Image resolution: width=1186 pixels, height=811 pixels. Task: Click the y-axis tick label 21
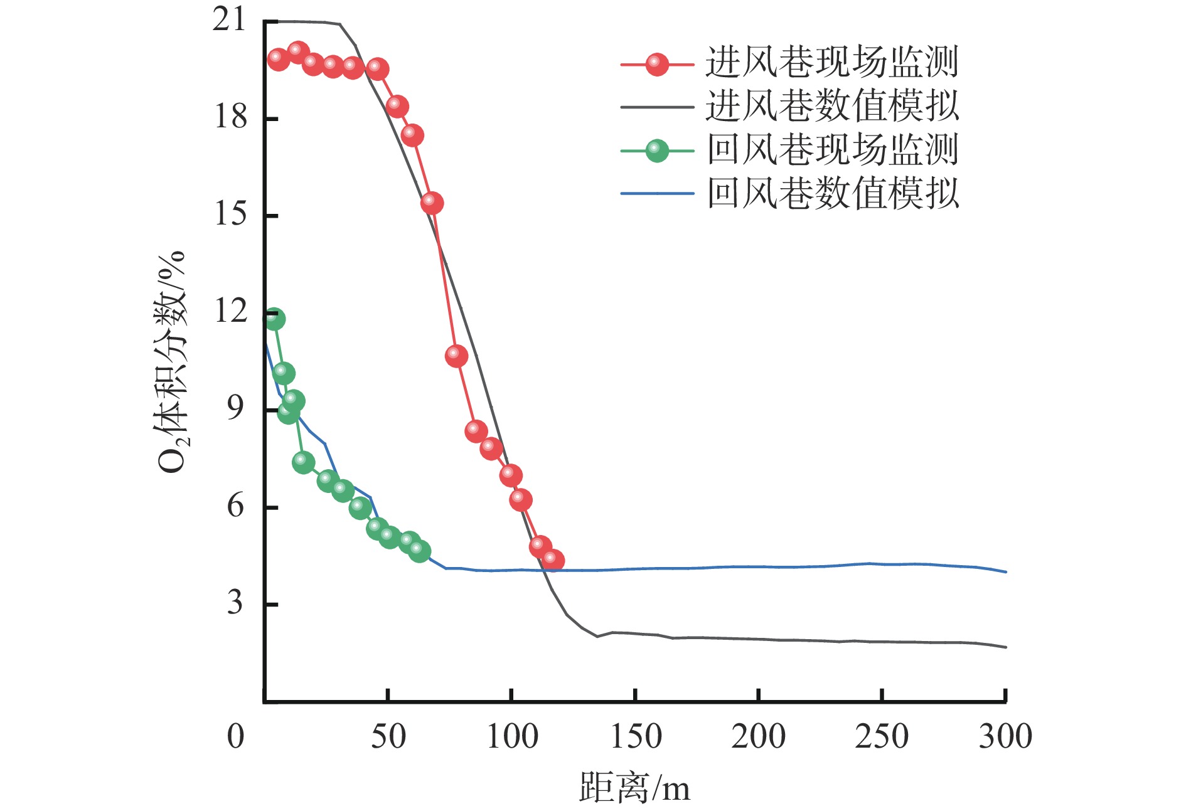coord(229,20)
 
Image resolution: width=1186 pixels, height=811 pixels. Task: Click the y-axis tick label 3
coord(235,603)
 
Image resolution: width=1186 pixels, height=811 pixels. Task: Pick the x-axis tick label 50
coord(388,736)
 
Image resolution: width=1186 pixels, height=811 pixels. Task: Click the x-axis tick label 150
coord(636,736)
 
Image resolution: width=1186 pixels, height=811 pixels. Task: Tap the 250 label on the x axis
coord(882,736)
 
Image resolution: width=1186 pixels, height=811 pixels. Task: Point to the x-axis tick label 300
coord(1005,736)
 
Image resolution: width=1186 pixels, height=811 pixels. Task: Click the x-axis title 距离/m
coord(634,788)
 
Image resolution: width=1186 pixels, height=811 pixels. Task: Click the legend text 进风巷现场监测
coord(832,63)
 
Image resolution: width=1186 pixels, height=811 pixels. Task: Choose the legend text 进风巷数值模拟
coord(832,106)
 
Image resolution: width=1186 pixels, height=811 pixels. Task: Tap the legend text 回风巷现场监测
coord(832,150)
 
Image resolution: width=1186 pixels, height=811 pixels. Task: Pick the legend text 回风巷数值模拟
coord(832,193)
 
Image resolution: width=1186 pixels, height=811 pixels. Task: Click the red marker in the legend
coord(656,64)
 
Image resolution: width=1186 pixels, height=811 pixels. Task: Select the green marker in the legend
coord(656,151)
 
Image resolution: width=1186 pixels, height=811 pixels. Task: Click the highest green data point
coord(274,319)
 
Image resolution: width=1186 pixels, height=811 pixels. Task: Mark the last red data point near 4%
coord(552,560)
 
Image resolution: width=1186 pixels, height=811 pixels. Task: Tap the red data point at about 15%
coord(432,203)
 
